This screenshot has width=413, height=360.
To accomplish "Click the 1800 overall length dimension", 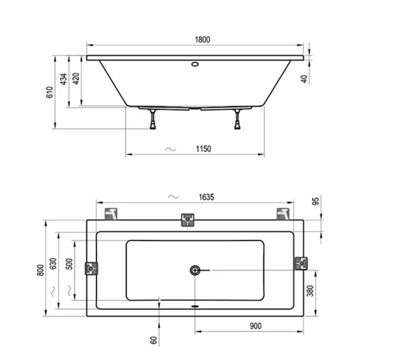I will (202, 40).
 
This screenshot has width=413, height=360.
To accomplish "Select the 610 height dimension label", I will (50, 92).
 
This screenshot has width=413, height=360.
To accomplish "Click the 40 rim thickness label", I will (305, 79).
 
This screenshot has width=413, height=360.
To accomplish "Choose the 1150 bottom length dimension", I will (203, 149).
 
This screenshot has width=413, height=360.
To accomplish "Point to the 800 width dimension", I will (41, 269).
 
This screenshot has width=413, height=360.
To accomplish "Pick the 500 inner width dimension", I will (70, 264).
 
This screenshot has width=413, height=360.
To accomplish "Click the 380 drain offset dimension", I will (310, 291).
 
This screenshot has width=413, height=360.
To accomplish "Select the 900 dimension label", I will (255, 326).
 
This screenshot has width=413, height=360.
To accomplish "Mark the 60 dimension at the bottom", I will (154, 340).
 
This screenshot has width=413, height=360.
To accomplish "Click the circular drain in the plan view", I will (195, 270).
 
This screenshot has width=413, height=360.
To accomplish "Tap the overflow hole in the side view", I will (195, 64).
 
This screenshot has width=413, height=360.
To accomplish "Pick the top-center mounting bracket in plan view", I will (188, 220).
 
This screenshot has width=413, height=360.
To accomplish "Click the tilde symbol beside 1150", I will (170, 149).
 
